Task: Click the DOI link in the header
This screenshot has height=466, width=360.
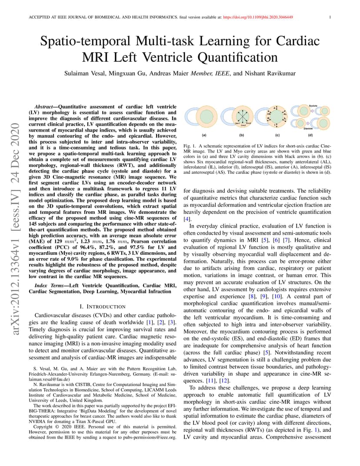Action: click(258, 17)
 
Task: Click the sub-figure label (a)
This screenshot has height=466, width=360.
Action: click(203, 135)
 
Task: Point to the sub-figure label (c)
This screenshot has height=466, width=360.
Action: click(277, 135)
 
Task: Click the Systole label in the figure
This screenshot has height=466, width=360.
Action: click(313, 106)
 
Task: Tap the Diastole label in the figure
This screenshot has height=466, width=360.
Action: click(308, 128)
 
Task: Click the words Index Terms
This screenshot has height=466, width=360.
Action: click(48, 285)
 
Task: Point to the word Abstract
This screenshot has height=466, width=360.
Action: click(45, 107)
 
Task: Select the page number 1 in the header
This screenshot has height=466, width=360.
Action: click(330, 17)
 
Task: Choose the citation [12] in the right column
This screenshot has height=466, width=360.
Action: click(217, 381)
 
